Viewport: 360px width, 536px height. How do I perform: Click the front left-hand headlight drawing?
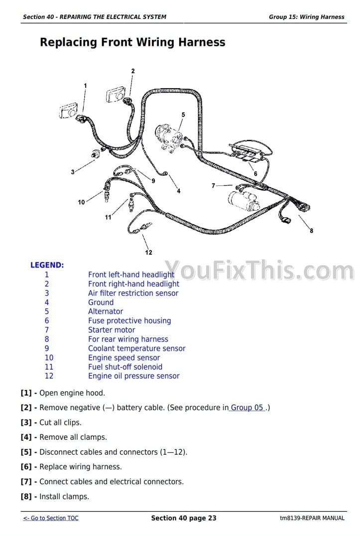(x=68, y=110)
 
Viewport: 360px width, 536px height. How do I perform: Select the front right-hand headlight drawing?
(x=116, y=95)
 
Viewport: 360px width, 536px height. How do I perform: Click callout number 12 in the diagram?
(x=148, y=253)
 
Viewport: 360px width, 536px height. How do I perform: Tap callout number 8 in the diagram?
(x=311, y=231)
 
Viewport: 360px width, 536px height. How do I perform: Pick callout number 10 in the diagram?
(x=81, y=202)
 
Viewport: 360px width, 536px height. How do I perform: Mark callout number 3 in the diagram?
(x=73, y=172)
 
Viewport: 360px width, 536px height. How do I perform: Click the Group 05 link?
(x=247, y=407)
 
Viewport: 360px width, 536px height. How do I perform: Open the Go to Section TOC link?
(x=51, y=518)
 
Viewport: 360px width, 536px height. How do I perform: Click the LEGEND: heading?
(x=47, y=265)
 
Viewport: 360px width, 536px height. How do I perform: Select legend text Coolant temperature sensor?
(x=136, y=348)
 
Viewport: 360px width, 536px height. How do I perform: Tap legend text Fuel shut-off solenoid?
(x=125, y=367)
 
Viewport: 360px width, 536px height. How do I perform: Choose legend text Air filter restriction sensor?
(x=133, y=293)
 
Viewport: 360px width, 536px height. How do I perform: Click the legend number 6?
(x=47, y=321)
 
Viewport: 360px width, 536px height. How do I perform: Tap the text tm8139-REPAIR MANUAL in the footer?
(x=312, y=518)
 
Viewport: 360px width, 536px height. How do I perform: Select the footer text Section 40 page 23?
(x=184, y=518)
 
